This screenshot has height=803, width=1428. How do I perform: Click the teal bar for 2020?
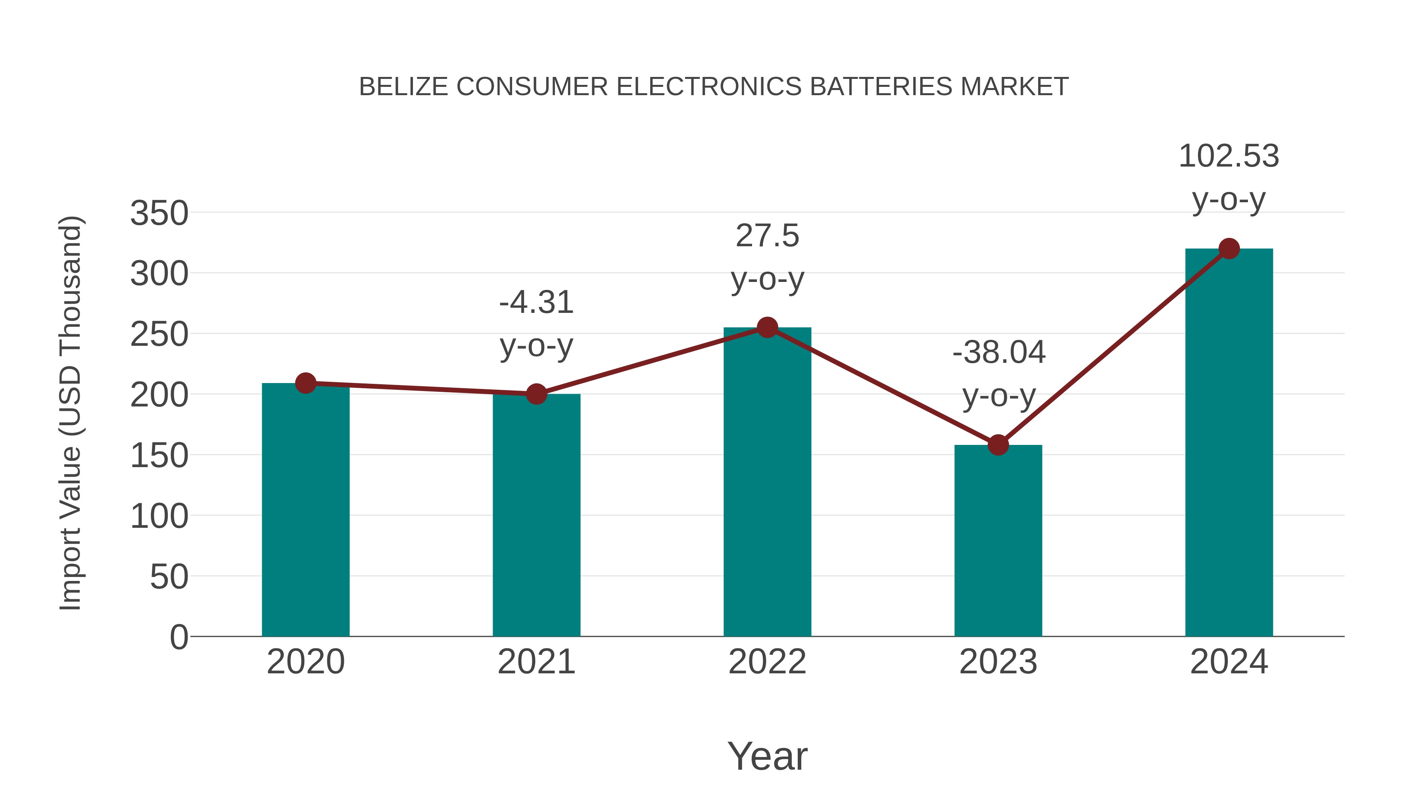305,510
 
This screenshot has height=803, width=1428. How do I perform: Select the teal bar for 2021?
536,516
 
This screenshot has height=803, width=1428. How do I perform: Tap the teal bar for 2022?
767,482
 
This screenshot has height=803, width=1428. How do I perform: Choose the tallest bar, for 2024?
1229,443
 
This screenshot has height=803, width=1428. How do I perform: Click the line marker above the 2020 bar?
305,383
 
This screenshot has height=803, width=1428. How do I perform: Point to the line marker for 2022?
767,328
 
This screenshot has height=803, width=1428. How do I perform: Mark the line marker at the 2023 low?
998,445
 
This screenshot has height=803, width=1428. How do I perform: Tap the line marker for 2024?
1229,249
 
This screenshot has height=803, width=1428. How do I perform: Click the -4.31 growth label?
536,303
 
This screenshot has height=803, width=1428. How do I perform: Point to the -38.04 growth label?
998,353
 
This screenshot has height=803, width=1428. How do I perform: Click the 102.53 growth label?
1228,157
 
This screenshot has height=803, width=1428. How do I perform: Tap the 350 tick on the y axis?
159,213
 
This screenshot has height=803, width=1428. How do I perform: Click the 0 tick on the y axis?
179,637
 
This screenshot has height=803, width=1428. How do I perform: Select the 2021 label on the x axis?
536,662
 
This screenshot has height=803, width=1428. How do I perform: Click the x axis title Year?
767,757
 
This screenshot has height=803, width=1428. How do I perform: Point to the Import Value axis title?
71,413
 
